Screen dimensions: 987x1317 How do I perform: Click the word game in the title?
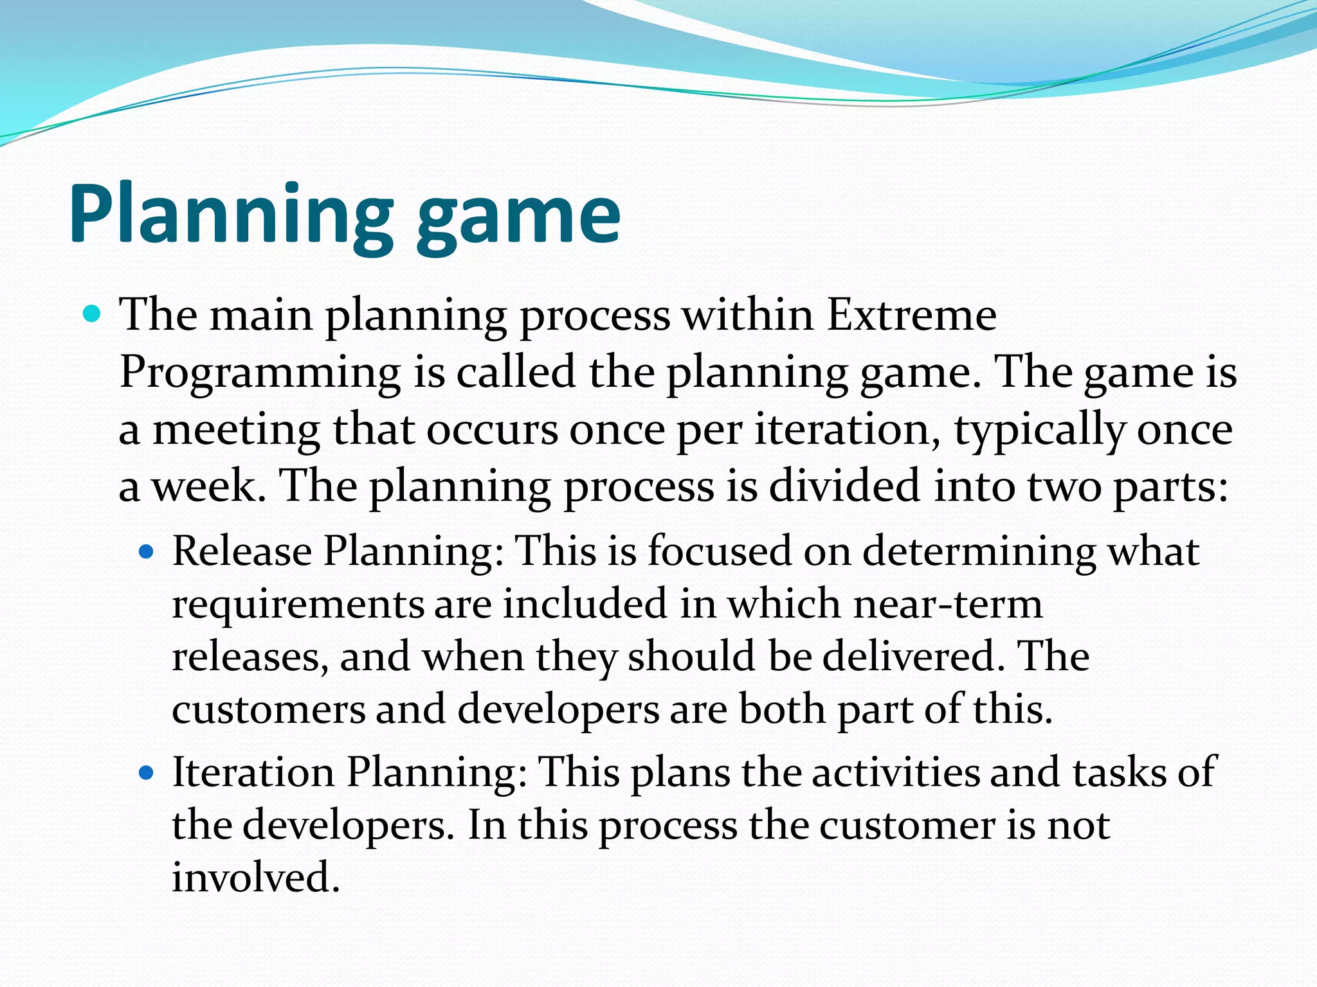pyautogui.click(x=518, y=218)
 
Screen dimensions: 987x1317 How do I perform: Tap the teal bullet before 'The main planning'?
pyautogui.click(x=93, y=314)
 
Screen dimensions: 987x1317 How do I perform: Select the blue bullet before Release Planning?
pyautogui.click(x=147, y=551)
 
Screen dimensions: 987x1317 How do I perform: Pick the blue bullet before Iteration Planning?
pyautogui.click(x=147, y=772)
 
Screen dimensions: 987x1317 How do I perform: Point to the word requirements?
pyautogui.click(x=297, y=605)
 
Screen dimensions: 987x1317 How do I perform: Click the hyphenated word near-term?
pyautogui.click(x=949, y=605)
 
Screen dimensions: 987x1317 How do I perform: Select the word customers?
pyautogui.click(x=268, y=709)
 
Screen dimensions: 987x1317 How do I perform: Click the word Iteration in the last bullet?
pyautogui.click(x=253, y=772)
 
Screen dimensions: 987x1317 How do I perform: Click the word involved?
pyautogui.click(x=255, y=877)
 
